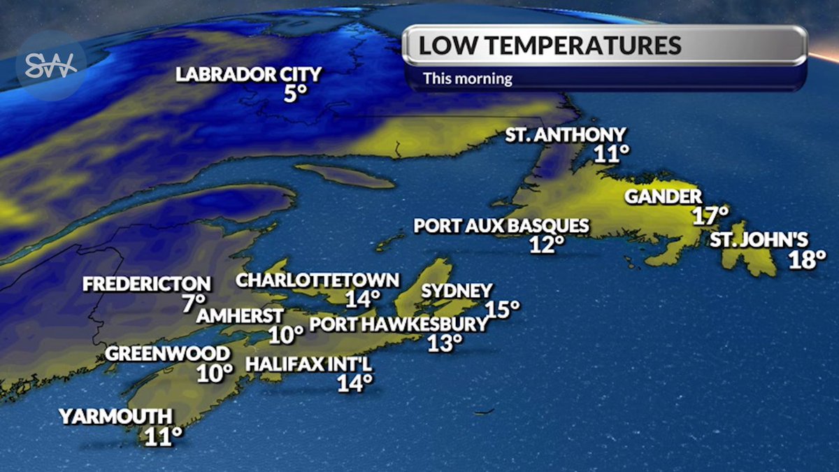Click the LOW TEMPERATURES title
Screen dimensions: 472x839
[x=550, y=45]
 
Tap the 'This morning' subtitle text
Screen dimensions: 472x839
[x=467, y=78]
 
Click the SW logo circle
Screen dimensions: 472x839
[x=51, y=66]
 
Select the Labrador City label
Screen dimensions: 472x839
[x=248, y=74]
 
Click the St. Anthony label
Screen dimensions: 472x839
[x=566, y=135]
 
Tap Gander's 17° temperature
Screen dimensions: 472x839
[x=711, y=215]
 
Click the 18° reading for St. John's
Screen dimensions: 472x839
[x=808, y=260]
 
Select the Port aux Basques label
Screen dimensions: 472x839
[x=501, y=227]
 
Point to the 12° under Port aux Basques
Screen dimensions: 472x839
[x=546, y=245]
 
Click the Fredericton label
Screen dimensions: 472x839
[x=146, y=284]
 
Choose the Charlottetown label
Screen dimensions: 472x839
[x=317, y=280]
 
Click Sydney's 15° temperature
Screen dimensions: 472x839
[x=503, y=309]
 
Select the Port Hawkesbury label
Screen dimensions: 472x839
[x=398, y=324]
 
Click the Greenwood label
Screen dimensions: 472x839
[x=167, y=354]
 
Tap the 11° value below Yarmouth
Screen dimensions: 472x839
[x=164, y=436]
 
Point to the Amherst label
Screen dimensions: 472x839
[x=240, y=315]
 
